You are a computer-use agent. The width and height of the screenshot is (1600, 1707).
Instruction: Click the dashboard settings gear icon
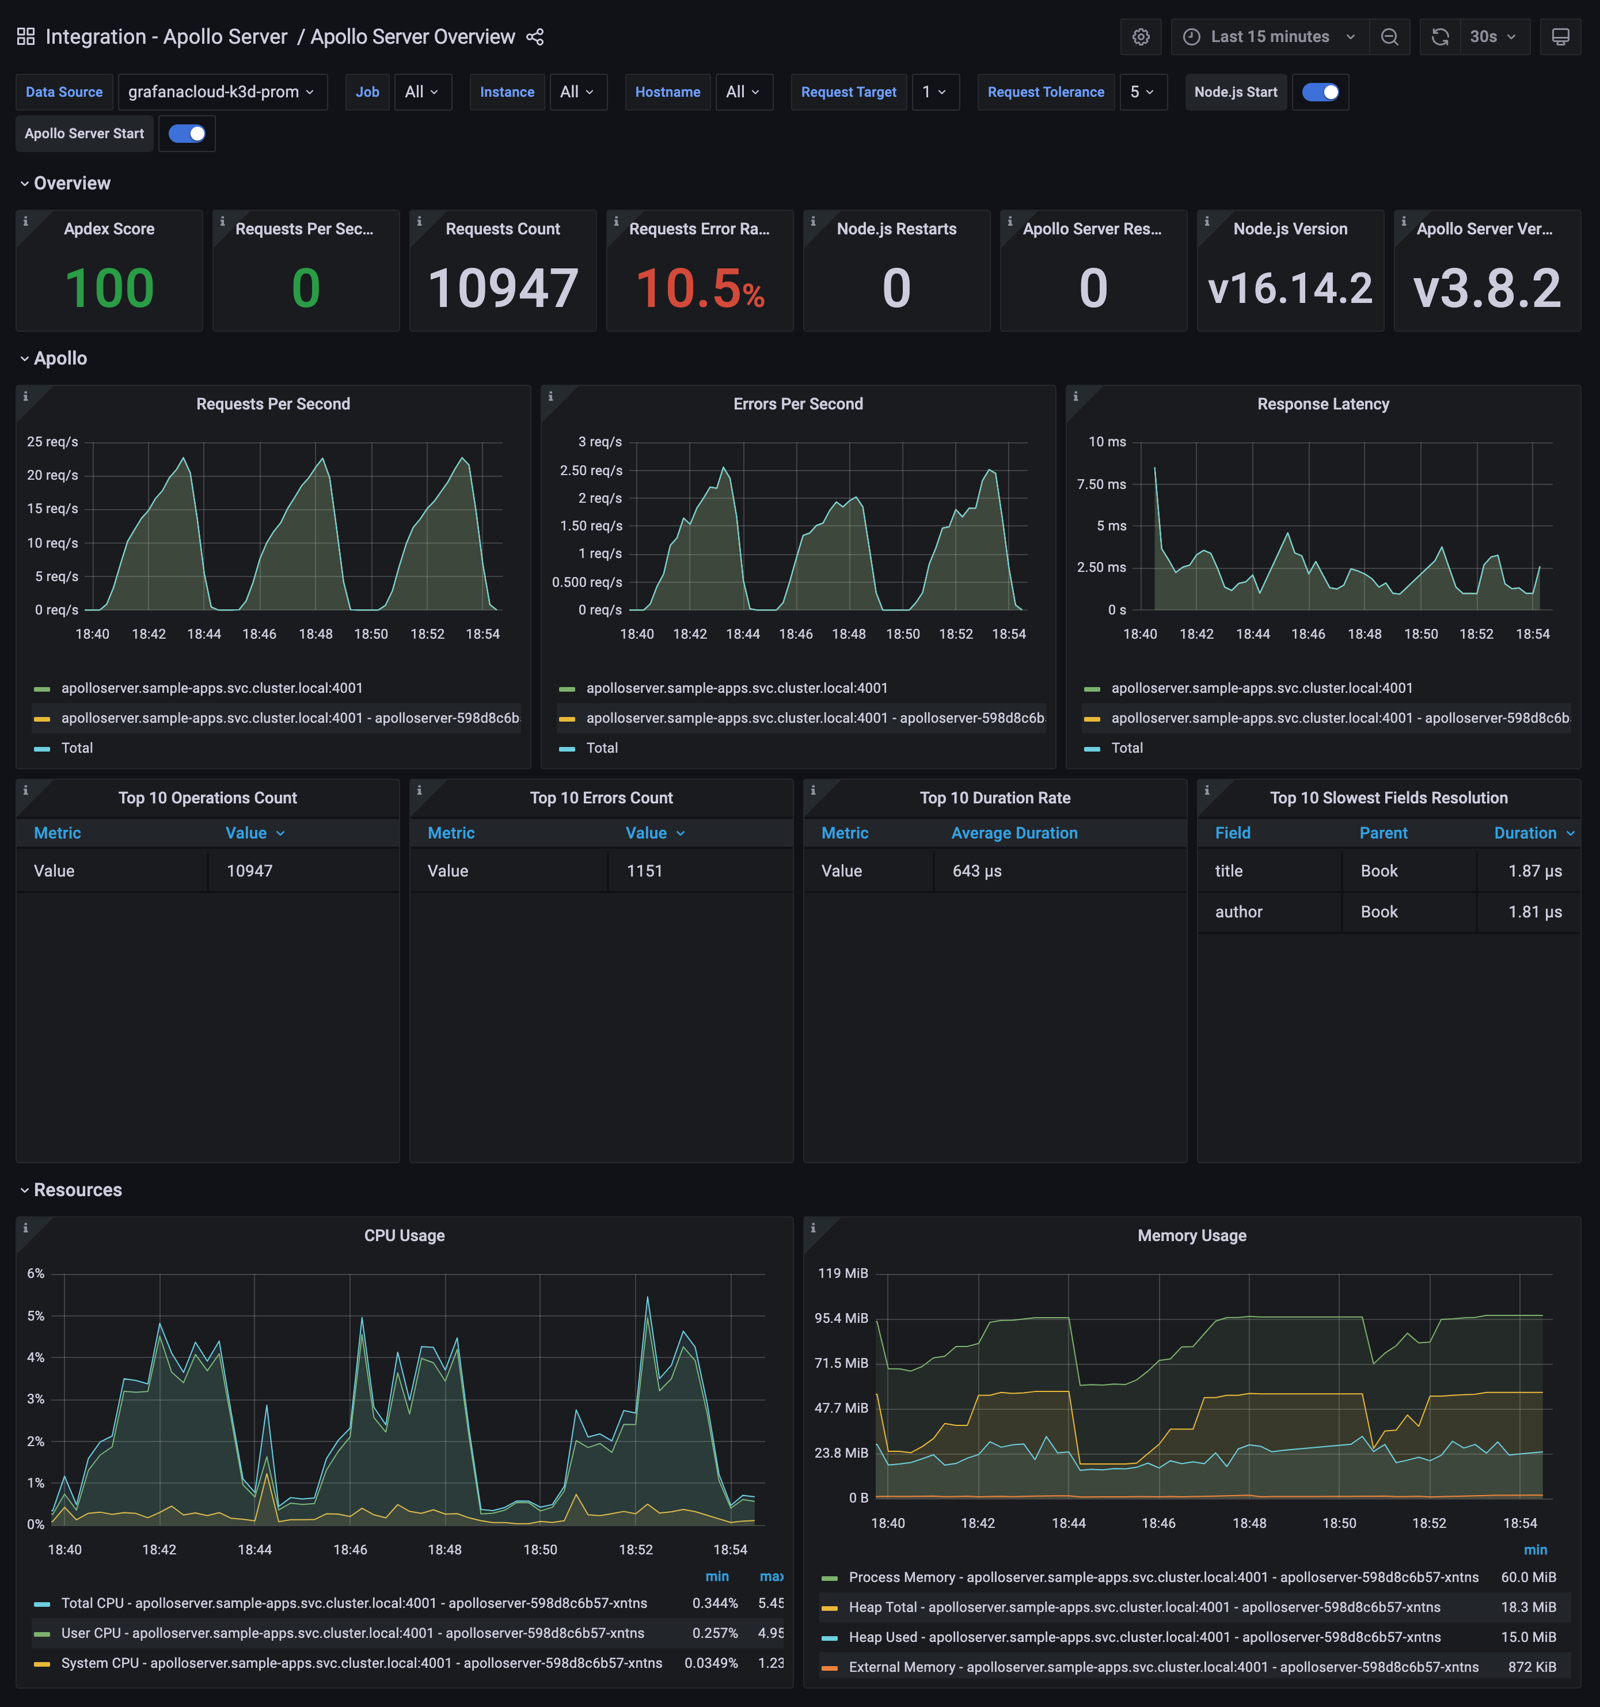tap(1140, 37)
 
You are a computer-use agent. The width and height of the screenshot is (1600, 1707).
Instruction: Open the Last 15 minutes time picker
tap(1269, 37)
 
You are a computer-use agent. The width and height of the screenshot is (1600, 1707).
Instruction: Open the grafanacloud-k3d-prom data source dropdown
tap(222, 92)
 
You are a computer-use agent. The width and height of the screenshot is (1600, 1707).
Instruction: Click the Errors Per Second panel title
tap(797, 404)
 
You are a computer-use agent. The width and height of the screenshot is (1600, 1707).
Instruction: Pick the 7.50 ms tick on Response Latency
tap(1101, 484)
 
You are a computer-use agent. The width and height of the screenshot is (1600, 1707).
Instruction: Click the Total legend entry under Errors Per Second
tap(602, 748)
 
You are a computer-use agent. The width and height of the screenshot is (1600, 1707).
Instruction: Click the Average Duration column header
tap(1014, 833)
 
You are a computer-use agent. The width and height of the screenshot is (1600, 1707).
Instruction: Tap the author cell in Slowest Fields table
tap(1238, 912)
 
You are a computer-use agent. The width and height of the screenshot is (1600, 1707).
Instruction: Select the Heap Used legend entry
tap(1143, 1637)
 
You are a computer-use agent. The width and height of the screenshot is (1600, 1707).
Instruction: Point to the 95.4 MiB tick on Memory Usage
tap(841, 1318)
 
